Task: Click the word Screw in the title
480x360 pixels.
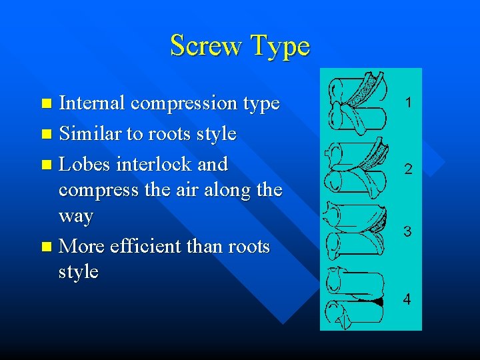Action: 206,46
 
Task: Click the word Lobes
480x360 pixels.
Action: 85,163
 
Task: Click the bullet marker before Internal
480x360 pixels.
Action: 46,104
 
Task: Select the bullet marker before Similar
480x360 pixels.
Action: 46,134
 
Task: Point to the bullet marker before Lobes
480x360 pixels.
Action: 46,164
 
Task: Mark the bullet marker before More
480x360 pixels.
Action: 46,247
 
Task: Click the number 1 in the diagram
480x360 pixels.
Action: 407,103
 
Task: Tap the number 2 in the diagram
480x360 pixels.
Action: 407,170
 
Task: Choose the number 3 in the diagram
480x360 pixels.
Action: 407,232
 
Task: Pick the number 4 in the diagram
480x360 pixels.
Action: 407,299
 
